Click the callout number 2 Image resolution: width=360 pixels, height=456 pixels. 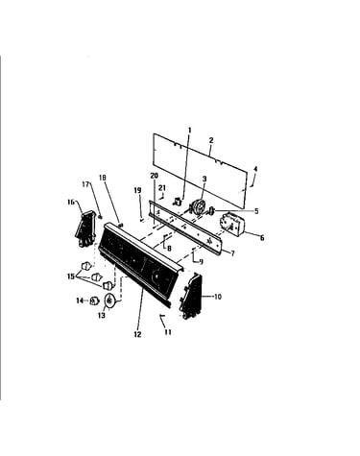pos(211,140)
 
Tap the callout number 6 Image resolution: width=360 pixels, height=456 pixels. pos(262,238)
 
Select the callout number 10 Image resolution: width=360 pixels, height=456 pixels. pos(218,297)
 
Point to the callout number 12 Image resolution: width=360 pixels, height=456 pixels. pos(137,334)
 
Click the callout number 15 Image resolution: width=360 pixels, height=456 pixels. pos(71,276)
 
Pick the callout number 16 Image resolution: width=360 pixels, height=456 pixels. pos(71,202)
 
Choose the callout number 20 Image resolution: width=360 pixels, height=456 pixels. pos(155,176)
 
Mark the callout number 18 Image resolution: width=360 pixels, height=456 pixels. pos(103,178)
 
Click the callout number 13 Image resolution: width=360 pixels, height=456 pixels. pos(102,316)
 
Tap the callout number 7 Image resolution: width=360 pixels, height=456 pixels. pos(232,253)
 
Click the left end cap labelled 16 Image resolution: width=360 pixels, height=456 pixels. pos(85,228)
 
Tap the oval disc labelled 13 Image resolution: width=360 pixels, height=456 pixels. pos(109,300)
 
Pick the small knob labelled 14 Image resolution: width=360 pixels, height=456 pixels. pos(93,300)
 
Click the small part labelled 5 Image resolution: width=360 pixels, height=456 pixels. pos(211,210)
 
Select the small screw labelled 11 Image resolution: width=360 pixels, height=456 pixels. pos(161,316)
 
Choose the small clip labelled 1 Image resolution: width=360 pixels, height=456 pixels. pos(177,202)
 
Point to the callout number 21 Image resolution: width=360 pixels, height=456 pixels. pos(162,187)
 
